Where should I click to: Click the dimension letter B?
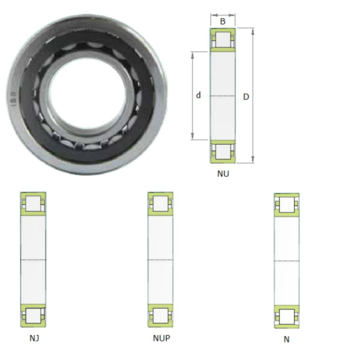click(x=223, y=22)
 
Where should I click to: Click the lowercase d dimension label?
click(x=198, y=95)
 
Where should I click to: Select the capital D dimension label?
click(x=246, y=97)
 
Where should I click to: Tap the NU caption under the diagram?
click(x=223, y=174)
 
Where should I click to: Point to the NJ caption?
click(x=34, y=338)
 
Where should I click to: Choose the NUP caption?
click(x=161, y=338)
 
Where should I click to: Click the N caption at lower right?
click(x=286, y=339)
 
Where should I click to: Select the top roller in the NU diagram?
click(x=223, y=39)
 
